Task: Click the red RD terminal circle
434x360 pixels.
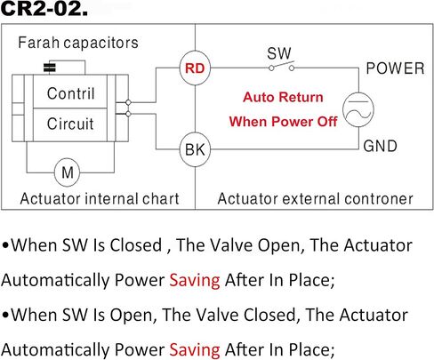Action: point(195,68)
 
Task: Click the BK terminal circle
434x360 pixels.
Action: point(195,149)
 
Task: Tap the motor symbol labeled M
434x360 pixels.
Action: point(68,172)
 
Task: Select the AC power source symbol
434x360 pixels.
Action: point(358,109)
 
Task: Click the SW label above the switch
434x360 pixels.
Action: point(279,53)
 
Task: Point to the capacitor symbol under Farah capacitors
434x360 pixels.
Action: point(50,68)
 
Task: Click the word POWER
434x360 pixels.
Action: point(395,68)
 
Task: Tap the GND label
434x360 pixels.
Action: point(380,146)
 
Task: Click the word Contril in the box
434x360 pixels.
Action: point(71,93)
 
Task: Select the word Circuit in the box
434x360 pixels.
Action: point(70,124)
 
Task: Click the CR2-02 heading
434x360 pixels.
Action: point(44,9)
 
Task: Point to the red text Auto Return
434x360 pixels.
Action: point(283,97)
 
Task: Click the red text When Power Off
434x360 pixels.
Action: point(283,122)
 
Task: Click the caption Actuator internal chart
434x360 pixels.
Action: point(100,198)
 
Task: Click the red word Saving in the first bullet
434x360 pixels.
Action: point(195,280)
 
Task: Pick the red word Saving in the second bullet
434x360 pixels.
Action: point(195,350)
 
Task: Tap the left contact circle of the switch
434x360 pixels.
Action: point(271,68)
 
